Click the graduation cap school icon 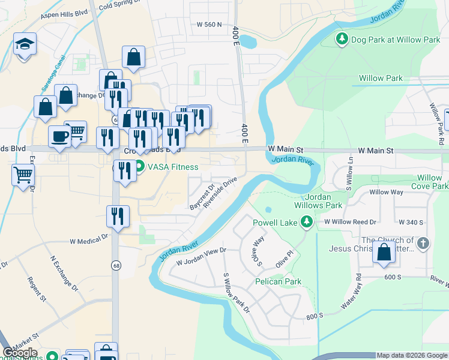pyautogui.click(x=25, y=44)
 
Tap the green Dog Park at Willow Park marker pyautogui.click(x=342, y=40)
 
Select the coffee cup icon pyautogui.click(x=59, y=136)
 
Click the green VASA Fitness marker pyautogui.click(x=139, y=167)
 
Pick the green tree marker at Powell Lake pyautogui.click(x=307, y=222)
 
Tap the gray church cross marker pyautogui.click(x=423, y=243)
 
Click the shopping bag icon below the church pyautogui.click(x=384, y=253)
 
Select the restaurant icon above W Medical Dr pyautogui.click(x=118, y=216)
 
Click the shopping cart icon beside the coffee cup pyautogui.click(x=76, y=131)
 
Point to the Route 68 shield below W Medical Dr pyautogui.click(x=115, y=265)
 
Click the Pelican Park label pyautogui.click(x=277, y=281)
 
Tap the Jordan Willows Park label pyautogui.click(x=323, y=201)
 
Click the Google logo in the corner pyautogui.click(x=20, y=353)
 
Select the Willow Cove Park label pyautogui.click(x=430, y=182)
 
